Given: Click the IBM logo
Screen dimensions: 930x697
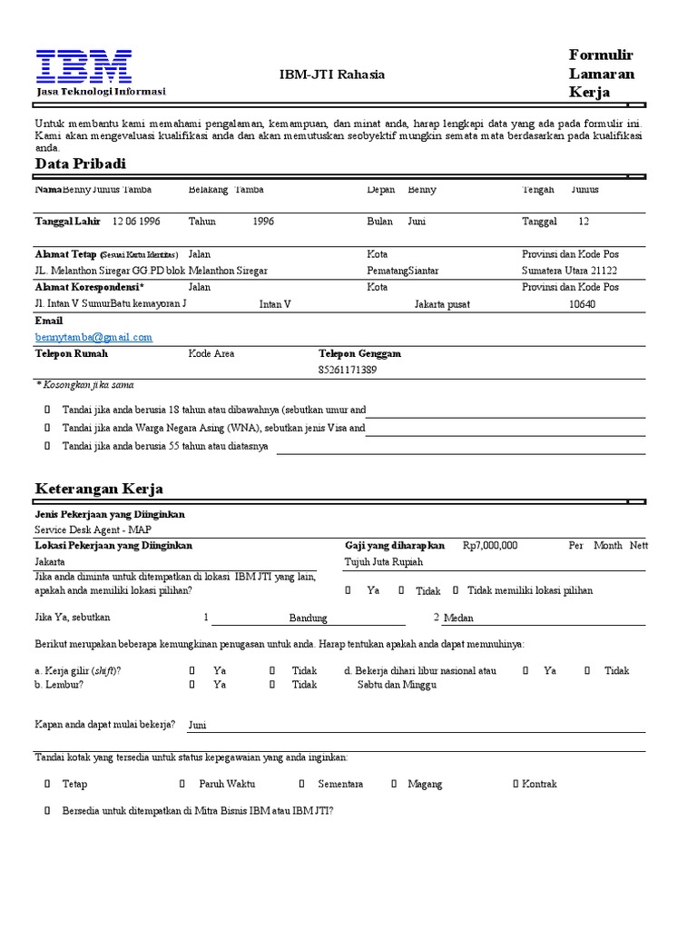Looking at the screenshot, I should [83, 67].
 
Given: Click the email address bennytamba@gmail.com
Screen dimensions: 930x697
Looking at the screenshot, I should [93, 337].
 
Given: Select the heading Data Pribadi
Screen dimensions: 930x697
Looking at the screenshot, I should [81, 163].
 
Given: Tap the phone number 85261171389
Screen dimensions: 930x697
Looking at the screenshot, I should [348, 370].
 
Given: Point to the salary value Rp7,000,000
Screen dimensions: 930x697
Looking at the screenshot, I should [490, 546].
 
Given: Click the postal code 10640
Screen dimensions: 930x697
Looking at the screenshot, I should [582, 304].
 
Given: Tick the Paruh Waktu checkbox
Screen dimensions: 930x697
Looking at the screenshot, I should [182, 784].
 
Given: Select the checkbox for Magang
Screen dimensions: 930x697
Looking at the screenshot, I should [395, 784].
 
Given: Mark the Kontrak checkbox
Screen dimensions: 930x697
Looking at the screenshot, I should [515, 784].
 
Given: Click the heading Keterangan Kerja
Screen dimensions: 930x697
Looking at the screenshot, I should [99, 490].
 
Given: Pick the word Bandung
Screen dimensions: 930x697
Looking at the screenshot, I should [308, 618].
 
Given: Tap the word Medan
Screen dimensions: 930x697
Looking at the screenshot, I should [458, 618].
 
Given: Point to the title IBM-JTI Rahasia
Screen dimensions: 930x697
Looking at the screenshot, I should [331, 74].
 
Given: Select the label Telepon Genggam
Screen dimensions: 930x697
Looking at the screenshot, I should [359, 353].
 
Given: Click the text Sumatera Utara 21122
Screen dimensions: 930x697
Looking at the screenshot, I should [569, 271].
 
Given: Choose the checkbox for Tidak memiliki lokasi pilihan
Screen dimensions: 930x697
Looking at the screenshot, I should [456, 590].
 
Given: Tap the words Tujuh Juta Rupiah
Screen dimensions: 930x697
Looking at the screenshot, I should [384, 562].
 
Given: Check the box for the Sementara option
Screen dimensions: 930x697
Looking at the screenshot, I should [302, 784].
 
